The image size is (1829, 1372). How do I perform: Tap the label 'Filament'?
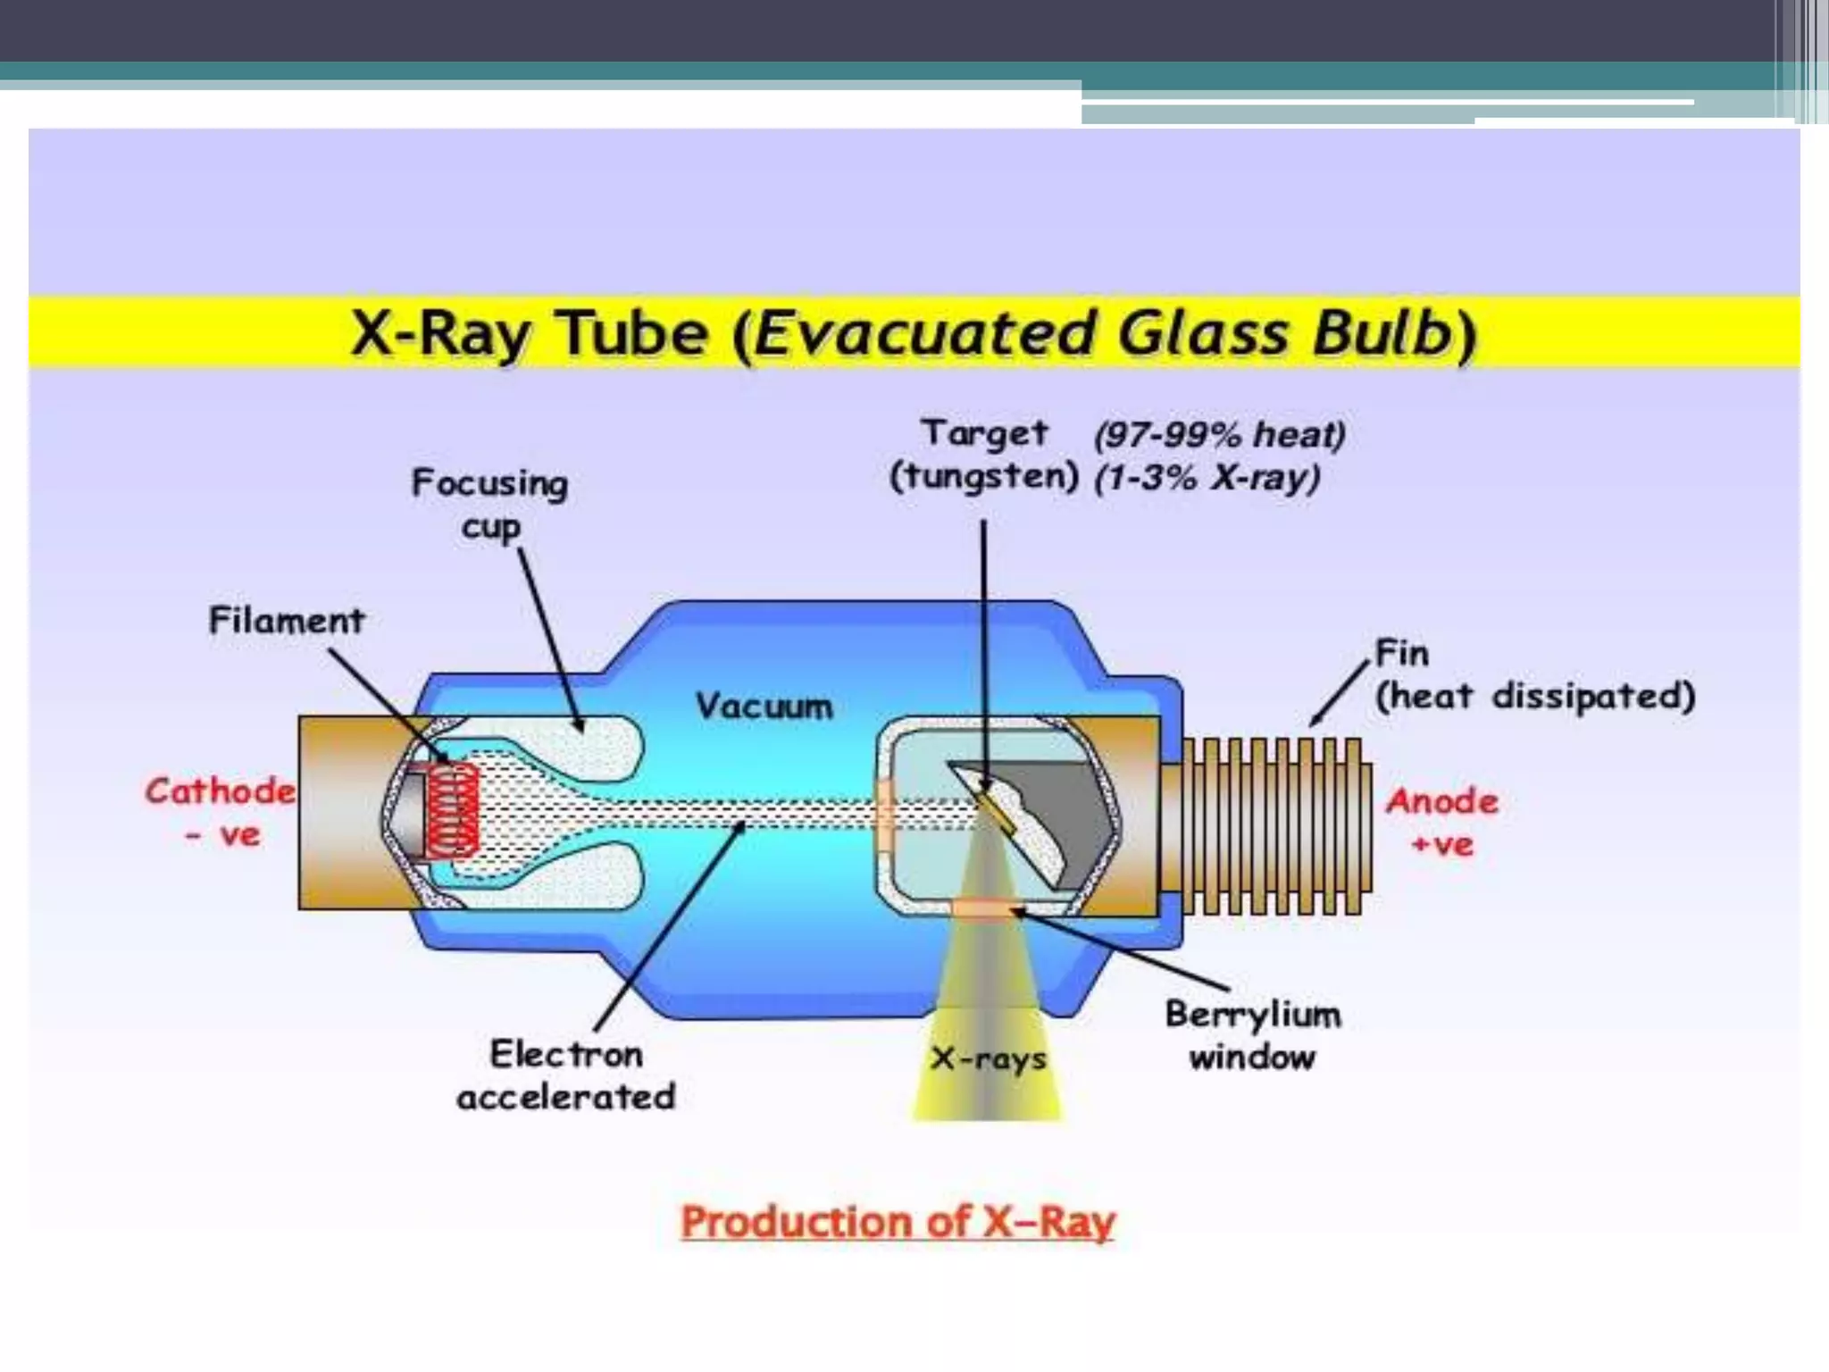(x=287, y=620)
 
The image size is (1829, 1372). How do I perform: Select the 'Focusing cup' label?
(x=489, y=505)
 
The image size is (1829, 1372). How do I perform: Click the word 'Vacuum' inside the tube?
(x=764, y=707)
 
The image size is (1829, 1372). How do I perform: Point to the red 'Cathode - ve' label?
(x=221, y=812)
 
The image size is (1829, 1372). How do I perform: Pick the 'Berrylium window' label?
(x=1253, y=1036)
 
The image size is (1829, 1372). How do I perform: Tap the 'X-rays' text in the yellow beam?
(x=988, y=1059)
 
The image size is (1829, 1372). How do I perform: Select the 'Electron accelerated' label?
(x=566, y=1075)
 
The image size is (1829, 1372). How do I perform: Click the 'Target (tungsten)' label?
(x=984, y=455)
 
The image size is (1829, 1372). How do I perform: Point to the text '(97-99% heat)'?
(x=1220, y=435)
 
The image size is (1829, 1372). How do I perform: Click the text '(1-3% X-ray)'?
(x=1207, y=478)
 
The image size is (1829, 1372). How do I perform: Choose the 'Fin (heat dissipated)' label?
(x=1533, y=675)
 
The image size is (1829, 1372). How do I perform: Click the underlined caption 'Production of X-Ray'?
(x=898, y=1221)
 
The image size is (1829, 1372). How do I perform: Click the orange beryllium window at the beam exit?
(x=985, y=909)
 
